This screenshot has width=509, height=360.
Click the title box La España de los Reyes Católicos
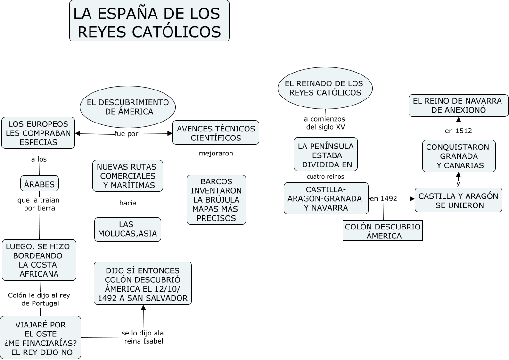pyautogui.click(x=149, y=21)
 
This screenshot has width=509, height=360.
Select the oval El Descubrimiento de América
pyautogui.click(x=128, y=107)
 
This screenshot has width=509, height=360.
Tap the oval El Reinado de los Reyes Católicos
pyautogui.click(x=325, y=88)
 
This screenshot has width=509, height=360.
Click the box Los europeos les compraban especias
pyautogui.click(x=38, y=133)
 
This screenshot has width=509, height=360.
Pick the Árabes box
pyautogui.click(x=40, y=184)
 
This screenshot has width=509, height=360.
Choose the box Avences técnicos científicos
pyautogui.click(x=216, y=133)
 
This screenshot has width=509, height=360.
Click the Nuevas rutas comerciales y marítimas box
pyautogui.click(x=128, y=176)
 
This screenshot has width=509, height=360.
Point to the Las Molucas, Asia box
pyautogui.click(x=127, y=229)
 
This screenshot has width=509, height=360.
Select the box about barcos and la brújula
pyautogui.click(x=216, y=200)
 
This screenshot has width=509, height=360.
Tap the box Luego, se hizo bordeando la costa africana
pyautogui.click(x=39, y=260)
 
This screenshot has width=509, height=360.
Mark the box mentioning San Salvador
pyautogui.click(x=143, y=284)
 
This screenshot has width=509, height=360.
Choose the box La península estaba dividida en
pyautogui.click(x=326, y=155)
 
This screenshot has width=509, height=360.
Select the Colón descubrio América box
pyautogui.click(x=383, y=231)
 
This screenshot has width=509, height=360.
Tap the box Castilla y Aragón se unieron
pyautogui.click(x=458, y=200)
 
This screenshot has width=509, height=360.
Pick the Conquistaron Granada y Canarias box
pyautogui.click(x=459, y=156)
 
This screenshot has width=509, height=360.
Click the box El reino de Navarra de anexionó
pyautogui.click(x=458, y=106)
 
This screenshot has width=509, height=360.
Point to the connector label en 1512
pyautogui.click(x=458, y=131)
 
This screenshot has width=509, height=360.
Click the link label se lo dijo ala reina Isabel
pyautogui.click(x=143, y=337)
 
